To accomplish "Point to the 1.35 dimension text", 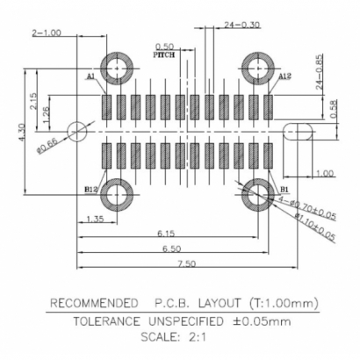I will [97, 218].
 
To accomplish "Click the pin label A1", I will [91, 76].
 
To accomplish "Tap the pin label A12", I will [284, 77].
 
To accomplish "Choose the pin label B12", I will [90, 188].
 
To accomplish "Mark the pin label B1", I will [283, 188].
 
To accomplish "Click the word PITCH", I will [164, 54].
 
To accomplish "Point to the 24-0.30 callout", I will [241, 25].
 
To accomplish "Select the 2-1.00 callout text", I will [47, 32].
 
